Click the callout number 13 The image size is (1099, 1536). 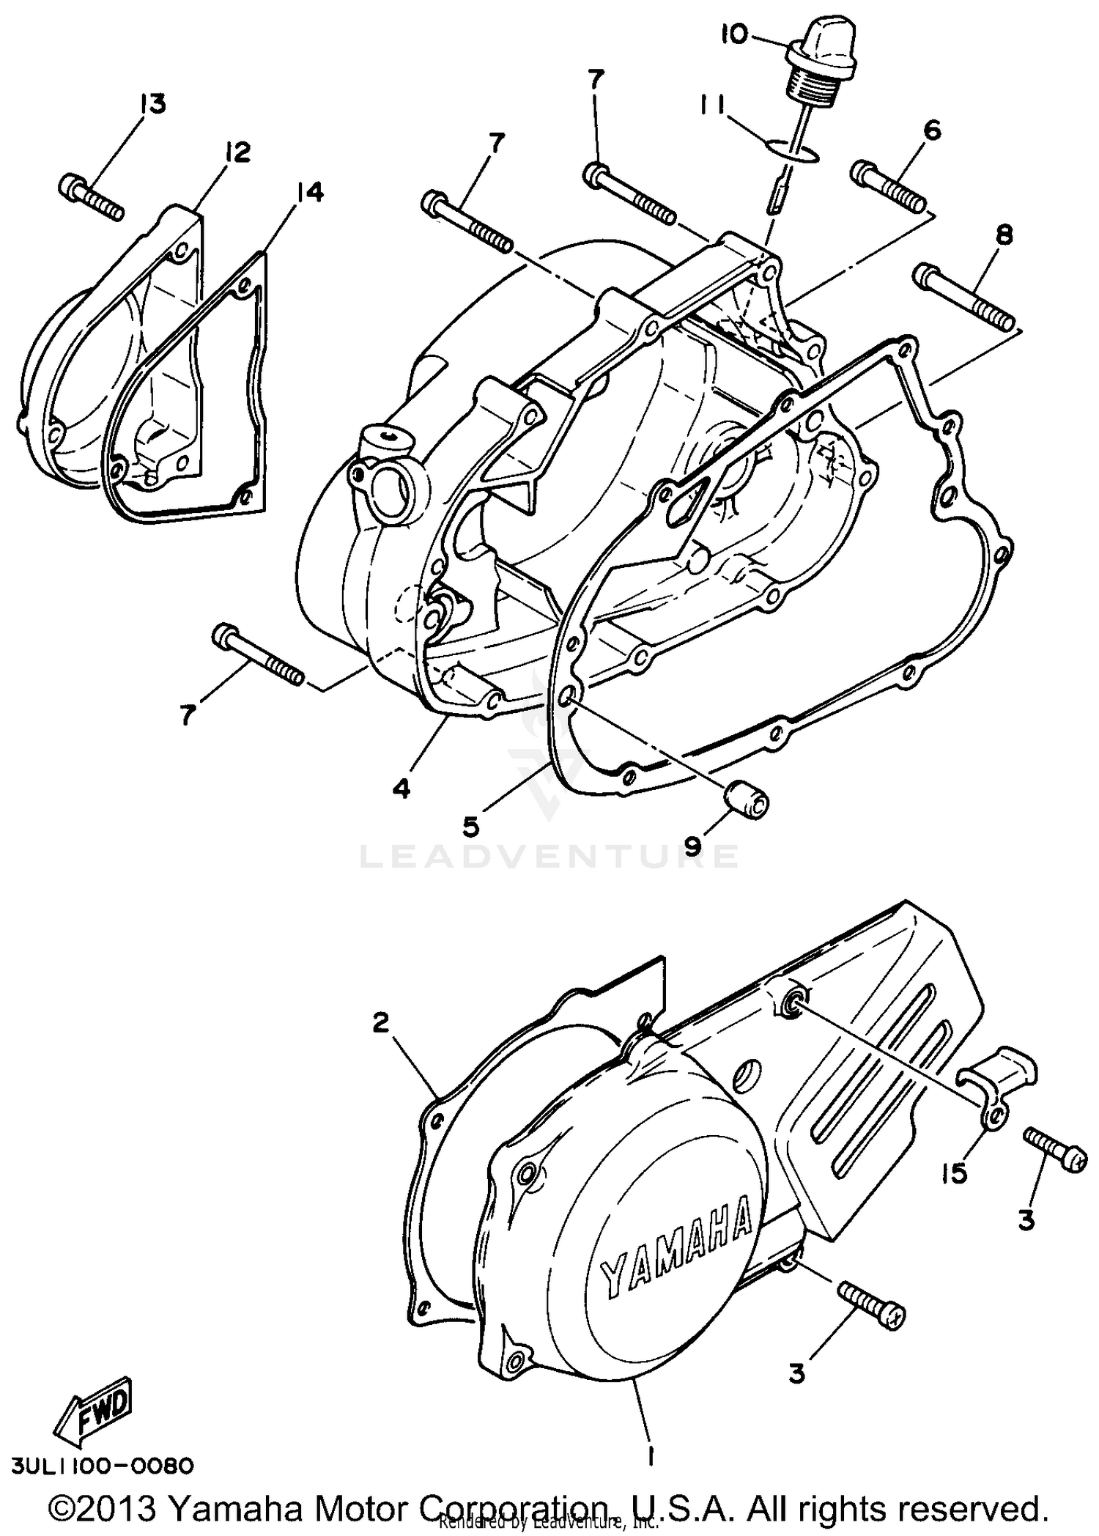click(153, 104)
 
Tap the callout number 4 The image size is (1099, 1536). click(401, 789)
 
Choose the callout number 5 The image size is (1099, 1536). click(472, 826)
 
